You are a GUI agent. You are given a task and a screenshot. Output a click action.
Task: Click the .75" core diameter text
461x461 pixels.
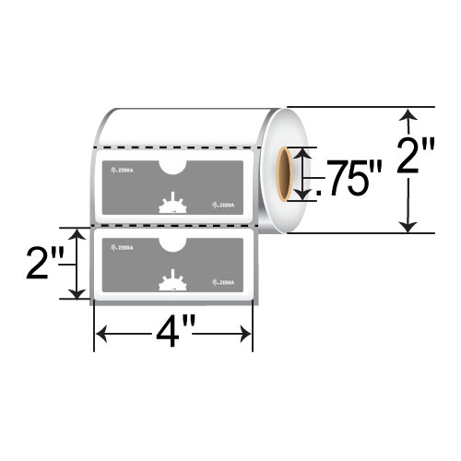coord(343,176)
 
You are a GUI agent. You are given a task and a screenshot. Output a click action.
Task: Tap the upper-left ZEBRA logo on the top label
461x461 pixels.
coord(122,171)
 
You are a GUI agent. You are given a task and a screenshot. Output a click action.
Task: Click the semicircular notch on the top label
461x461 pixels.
coord(172,166)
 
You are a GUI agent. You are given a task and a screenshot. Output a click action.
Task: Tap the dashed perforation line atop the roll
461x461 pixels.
coord(175,146)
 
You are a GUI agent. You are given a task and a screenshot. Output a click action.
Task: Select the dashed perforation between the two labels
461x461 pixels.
coord(175,225)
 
